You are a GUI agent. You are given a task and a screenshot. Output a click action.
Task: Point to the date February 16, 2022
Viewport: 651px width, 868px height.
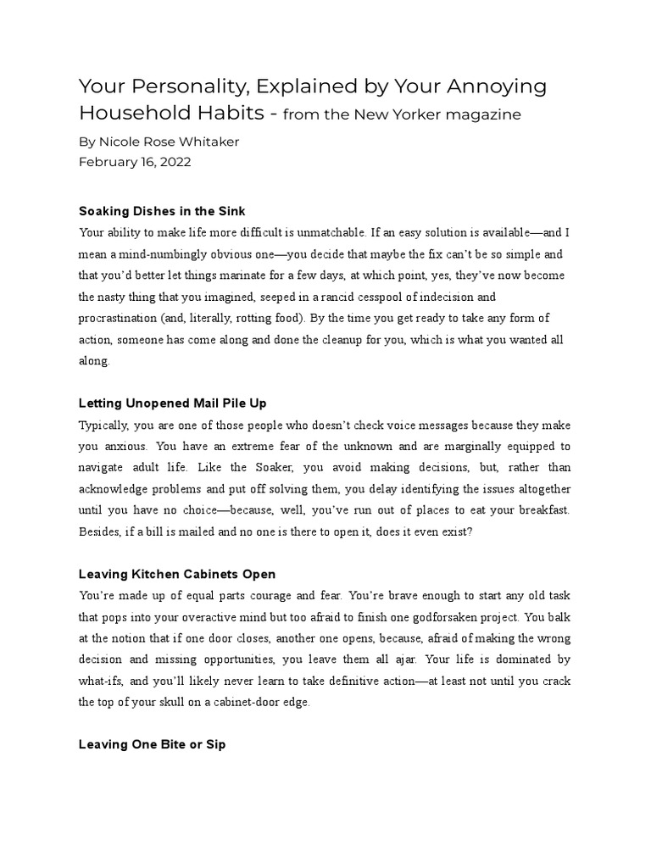pyautogui.click(x=135, y=162)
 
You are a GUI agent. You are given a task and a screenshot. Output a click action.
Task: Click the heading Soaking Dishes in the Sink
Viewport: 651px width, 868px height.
pyautogui.click(x=161, y=210)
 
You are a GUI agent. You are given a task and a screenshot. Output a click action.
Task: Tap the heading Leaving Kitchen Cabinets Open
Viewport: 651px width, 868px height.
pyautogui.click(x=176, y=574)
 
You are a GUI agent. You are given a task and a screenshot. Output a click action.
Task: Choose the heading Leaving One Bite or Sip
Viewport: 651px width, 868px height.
pyautogui.click(x=152, y=745)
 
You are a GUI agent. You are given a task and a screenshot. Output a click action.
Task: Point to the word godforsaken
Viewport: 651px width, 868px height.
pyautogui.click(x=477, y=617)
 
